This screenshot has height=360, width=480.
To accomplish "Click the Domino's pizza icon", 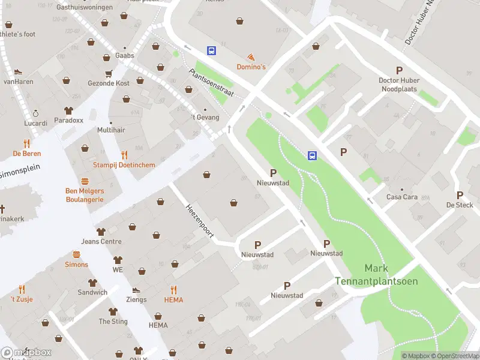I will click(251, 56).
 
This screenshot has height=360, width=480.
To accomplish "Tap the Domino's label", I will click(251, 67).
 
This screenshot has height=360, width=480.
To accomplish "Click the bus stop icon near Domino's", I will click(212, 51).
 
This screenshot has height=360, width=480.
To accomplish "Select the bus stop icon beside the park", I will click(313, 156).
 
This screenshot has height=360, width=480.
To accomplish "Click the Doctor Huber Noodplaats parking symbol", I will click(399, 70).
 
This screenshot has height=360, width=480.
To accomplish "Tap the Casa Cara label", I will click(402, 197).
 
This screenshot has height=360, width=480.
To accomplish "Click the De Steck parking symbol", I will click(460, 195).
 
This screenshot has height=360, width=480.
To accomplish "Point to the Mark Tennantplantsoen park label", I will click(384, 275).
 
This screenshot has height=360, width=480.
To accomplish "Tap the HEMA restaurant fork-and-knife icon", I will click(173, 289).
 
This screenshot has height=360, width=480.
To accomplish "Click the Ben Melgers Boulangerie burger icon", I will click(85, 181).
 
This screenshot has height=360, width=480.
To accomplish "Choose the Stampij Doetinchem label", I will click(124, 165).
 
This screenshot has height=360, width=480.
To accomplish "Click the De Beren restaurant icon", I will click(26, 143).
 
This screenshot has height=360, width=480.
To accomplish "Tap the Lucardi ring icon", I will click(35, 113).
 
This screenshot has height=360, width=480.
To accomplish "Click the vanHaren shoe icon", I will click(18, 71).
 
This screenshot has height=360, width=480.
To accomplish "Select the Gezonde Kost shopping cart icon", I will click(109, 74).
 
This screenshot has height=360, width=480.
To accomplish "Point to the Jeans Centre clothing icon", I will click(101, 232).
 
